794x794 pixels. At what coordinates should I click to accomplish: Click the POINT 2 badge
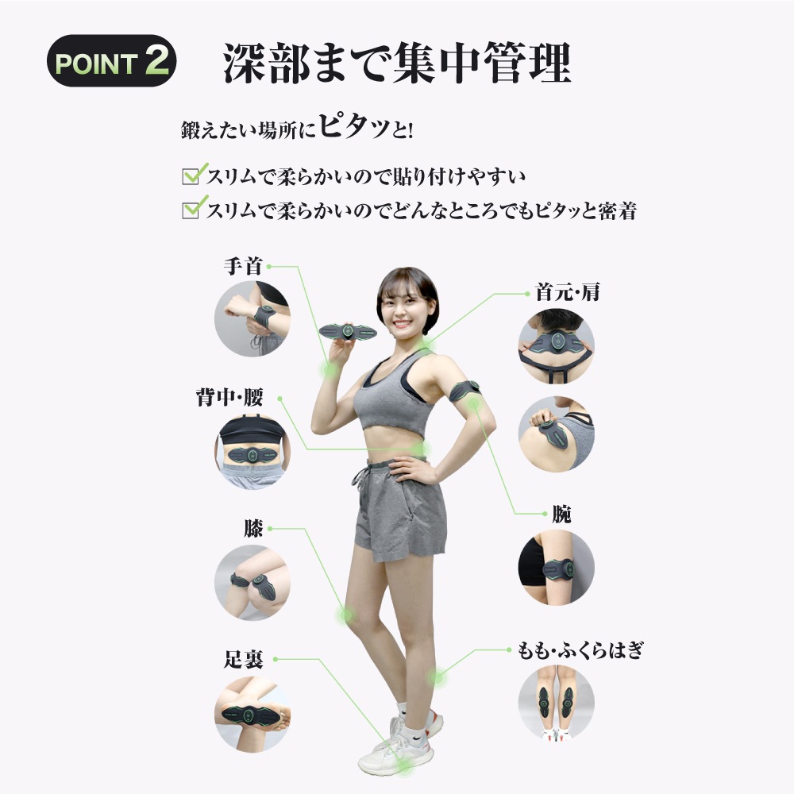(x=111, y=61)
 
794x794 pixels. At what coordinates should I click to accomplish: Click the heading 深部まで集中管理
(x=398, y=63)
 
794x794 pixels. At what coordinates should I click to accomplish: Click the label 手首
(x=243, y=266)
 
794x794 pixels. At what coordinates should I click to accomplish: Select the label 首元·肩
(x=568, y=293)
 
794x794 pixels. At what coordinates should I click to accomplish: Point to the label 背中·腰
(x=229, y=398)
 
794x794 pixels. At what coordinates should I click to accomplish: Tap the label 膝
(x=253, y=529)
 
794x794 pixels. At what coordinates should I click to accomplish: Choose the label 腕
(x=561, y=515)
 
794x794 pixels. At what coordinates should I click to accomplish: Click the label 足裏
(x=244, y=659)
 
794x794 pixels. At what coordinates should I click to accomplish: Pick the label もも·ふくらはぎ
(x=580, y=650)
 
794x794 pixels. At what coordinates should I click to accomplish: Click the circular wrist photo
(x=252, y=319)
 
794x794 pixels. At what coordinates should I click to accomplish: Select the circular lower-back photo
(x=252, y=451)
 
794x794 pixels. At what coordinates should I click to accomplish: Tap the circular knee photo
(x=252, y=583)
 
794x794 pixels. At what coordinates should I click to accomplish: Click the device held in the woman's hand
(x=348, y=332)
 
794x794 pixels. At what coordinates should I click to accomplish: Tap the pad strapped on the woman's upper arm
(x=464, y=391)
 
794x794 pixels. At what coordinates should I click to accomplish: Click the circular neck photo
(x=556, y=346)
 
